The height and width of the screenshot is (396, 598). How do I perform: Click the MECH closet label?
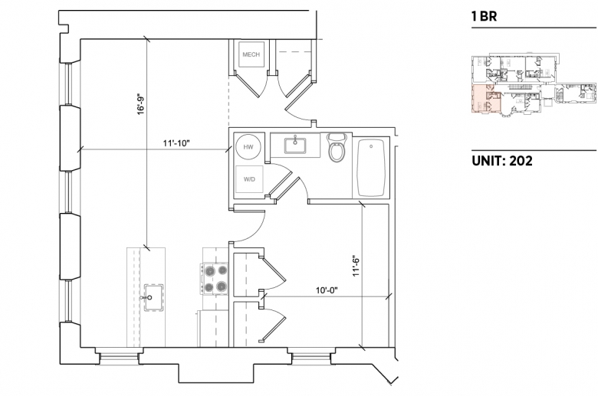point(251,54)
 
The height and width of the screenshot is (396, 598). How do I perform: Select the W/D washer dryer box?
point(249,179)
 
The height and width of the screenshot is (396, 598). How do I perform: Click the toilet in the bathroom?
point(337,148)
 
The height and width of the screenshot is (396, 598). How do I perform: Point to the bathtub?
point(371,168)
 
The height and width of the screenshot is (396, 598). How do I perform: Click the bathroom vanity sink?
point(295,146)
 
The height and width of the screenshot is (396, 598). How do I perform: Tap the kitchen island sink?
point(153,297)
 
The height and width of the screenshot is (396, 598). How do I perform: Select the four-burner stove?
point(214,279)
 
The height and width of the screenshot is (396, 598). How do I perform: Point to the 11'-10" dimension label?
point(176,143)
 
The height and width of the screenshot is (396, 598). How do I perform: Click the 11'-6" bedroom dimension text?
point(356,266)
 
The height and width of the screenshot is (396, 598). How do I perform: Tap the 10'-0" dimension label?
point(327,290)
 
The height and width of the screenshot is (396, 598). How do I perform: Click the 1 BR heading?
point(484,16)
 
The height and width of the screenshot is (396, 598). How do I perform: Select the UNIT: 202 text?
point(502,161)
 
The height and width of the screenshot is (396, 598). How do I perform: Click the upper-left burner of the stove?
point(209,271)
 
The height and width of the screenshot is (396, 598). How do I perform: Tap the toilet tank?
point(337,137)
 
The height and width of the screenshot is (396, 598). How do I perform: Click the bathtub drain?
point(371,146)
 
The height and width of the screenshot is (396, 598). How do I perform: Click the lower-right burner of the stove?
point(222,286)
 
